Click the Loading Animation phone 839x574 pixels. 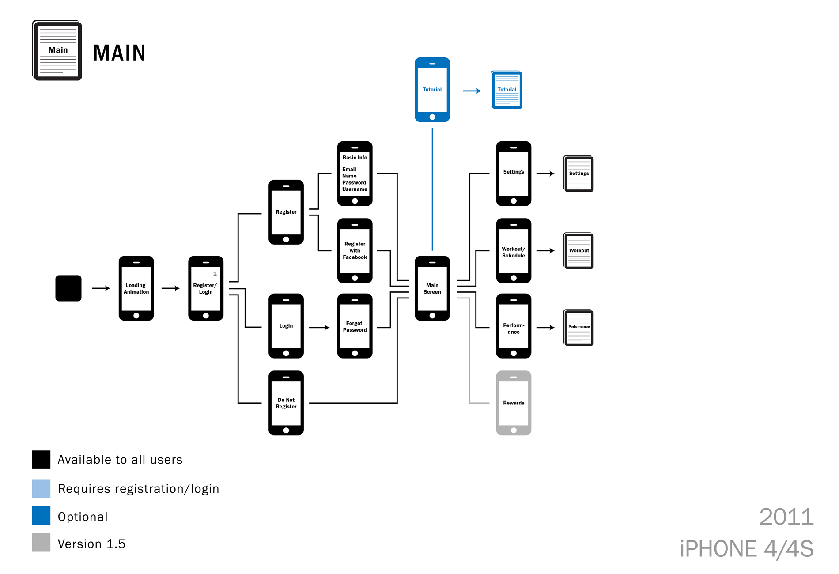coord(136,288)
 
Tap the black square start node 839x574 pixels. coord(68,288)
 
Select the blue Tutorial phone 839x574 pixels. coord(432,90)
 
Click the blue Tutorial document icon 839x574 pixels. coord(506,90)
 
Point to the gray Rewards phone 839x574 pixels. coord(514,403)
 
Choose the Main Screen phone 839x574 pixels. coord(432,288)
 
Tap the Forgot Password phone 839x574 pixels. coord(355,326)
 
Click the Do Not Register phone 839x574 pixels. coord(286,403)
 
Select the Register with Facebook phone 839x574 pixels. coord(355,250)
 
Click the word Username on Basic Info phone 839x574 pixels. coord(355,189)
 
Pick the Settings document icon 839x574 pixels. coord(578,174)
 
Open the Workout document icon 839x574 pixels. coord(578,251)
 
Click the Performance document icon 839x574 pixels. coord(578,327)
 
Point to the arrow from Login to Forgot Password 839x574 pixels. coord(319,328)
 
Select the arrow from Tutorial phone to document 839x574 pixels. coord(472,91)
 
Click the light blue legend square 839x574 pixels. coord(41,488)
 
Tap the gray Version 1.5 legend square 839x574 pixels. coord(41,543)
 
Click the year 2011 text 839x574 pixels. coord(786,517)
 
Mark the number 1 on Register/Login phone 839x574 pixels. coord(215,274)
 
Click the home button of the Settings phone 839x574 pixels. coord(514,201)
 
